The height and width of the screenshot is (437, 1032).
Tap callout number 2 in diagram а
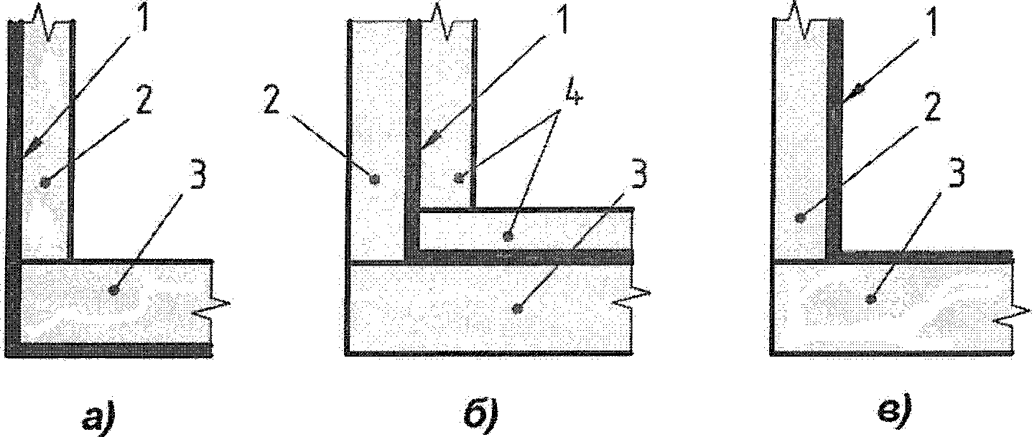click(x=144, y=103)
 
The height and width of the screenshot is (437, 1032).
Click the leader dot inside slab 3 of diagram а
click(x=112, y=289)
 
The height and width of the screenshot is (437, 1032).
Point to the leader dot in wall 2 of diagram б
click(x=373, y=179)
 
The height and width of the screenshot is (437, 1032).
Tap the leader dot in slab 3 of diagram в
click(x=871, y=298)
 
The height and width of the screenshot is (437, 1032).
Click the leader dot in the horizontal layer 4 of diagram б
click(x=508, y=235)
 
